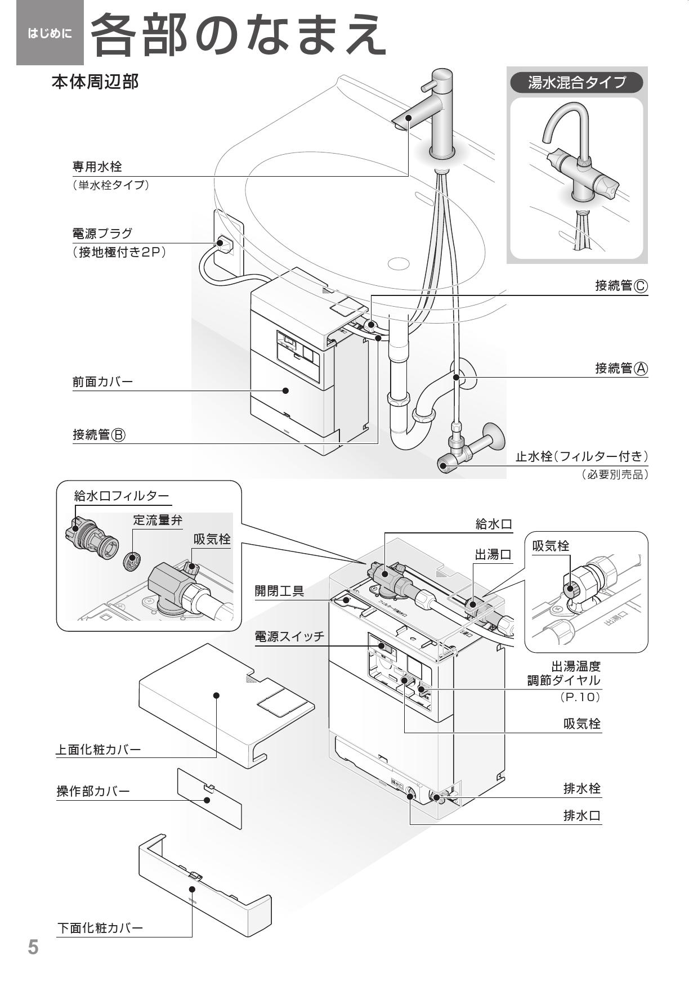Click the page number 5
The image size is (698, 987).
[x=34, y=947]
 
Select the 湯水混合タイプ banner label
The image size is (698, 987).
[x=576, y=83]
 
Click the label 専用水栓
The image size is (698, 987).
[x=97, y=167]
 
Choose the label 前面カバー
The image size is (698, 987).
[x=102, y=382]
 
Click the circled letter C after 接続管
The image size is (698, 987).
[x=641, y=286]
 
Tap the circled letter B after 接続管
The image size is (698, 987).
[x=118, y=435]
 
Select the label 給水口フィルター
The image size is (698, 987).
[x=121, y=496]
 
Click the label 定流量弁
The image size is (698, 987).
[x=158, y=520]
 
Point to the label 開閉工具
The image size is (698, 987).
[x=279, y=591]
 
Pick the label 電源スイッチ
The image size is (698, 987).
[x=289, y=636]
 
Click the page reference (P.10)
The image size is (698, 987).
[x=580, y=697]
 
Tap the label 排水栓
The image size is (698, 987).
[x=582, y=788]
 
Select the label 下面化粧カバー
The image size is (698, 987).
[x=100, y=928]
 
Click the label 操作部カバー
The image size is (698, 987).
[x=93, y=791]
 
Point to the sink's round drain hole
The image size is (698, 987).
[x=398, y=263]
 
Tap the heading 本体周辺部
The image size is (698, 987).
[x=95, y=82]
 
